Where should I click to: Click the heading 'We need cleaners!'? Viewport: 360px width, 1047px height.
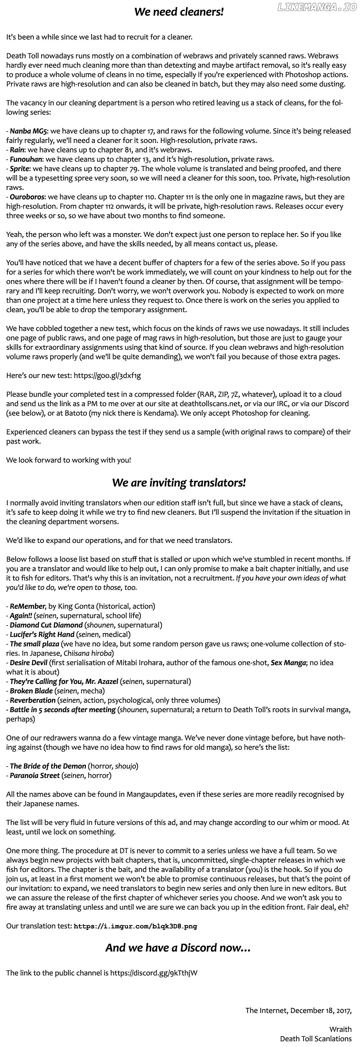179,12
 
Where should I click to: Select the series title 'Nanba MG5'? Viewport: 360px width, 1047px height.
28,131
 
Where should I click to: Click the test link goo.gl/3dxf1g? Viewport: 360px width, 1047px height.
107,375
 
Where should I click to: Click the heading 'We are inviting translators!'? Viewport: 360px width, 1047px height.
179,483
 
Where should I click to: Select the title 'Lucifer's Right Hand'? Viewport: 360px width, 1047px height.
42,634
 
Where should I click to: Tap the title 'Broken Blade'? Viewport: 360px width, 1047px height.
31,691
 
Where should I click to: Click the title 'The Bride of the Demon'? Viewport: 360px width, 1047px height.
48,766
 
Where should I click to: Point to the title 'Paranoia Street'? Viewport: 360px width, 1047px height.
35,775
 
